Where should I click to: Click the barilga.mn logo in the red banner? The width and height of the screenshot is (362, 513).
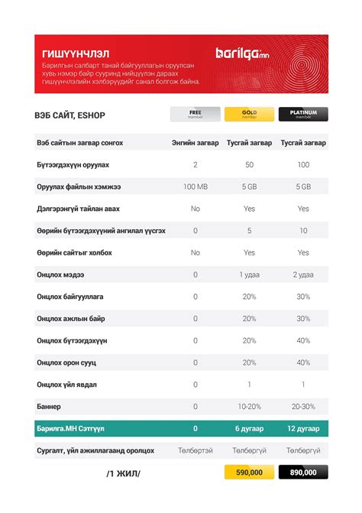[242, 53]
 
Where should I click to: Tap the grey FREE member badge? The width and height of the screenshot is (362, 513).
[195, 115]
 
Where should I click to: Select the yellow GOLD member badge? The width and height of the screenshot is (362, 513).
[249, 115]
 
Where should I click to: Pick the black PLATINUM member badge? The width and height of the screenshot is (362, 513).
[303, 115]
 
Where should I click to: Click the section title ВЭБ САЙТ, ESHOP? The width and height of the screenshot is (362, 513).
[70, 115]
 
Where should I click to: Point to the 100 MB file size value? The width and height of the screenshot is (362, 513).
[196, 187]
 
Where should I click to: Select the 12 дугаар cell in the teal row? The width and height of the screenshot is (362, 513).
[303, 429]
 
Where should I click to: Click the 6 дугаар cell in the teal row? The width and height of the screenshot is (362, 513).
[249, 429]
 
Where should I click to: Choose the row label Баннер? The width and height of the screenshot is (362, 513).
[48, 407]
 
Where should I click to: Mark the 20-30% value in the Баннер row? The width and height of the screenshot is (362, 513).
[303, 407]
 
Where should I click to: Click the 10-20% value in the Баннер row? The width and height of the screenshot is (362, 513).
[249, 407]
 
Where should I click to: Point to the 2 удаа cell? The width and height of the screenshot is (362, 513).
[303, 274]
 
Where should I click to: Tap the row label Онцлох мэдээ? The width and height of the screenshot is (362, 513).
[60, 274]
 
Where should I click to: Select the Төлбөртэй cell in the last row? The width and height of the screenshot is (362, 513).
[196, 451]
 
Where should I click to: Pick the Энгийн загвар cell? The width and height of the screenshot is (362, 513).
[196, 143]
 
